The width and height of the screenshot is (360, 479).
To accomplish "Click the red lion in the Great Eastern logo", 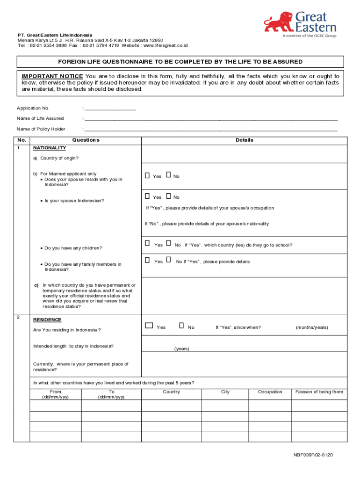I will click(279, 22).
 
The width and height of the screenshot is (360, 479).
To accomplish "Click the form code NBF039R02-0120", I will click(313, 455).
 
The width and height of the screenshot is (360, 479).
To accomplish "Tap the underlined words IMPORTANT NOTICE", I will click(52, 76).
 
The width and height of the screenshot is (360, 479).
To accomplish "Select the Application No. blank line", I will click(110, 108).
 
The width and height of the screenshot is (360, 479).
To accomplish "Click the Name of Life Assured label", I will click(40, 118).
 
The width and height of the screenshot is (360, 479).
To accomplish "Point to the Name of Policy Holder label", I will click(41, 129).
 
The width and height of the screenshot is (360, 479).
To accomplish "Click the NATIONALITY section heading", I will click(49, 148).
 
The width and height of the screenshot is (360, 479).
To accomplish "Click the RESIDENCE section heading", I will click(47, 319).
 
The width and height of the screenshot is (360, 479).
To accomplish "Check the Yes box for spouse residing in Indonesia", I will click(147, 176).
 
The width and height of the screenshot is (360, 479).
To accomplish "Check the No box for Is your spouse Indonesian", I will click(168, 196).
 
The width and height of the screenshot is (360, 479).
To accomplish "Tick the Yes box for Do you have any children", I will click(147, 244).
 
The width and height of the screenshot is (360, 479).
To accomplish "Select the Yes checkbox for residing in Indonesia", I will click(149, 326).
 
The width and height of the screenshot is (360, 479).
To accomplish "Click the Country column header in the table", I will click(171, 392).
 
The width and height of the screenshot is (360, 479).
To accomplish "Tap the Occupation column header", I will click(270, 392).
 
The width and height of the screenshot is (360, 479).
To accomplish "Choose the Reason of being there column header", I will click(319, 392).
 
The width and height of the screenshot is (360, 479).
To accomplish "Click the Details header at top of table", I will click(245, 140).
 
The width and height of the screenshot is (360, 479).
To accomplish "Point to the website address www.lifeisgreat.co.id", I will click(165, 45).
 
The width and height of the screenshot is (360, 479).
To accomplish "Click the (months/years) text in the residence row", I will click(311, 327).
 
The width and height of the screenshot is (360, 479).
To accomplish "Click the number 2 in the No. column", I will click(18, 318).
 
